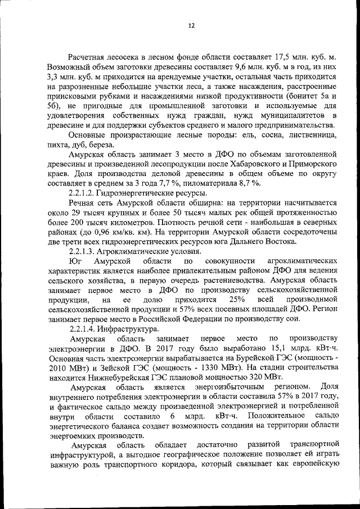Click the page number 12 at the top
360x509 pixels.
point(191,26)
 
